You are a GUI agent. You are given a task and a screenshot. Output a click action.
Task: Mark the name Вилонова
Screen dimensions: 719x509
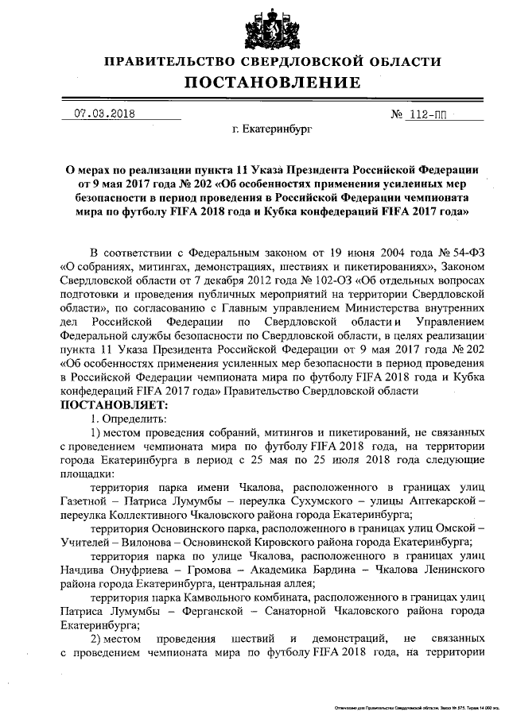(x=146, y=542)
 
